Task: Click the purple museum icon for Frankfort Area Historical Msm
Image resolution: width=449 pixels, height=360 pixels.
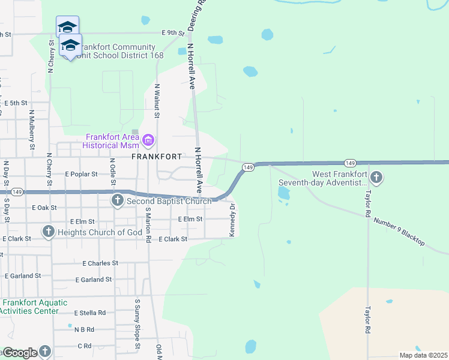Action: pos(148,141)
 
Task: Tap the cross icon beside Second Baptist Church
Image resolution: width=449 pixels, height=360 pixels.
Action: pos(118,200)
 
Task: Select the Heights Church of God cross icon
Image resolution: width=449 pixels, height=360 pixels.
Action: pos(49,232)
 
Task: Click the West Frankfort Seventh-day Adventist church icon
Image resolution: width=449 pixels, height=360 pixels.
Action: pos(376,177)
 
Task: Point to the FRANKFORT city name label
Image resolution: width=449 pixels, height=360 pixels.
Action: pos(157,157)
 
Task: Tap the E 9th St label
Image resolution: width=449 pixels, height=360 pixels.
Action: pos(172,33)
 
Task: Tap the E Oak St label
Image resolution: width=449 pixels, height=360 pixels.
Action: pos(44,208)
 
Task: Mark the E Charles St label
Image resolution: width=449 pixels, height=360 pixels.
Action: pos(100,263)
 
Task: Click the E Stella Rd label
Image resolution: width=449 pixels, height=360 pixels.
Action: pos(90,313)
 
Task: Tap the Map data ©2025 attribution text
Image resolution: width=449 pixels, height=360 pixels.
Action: pos(423,355)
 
